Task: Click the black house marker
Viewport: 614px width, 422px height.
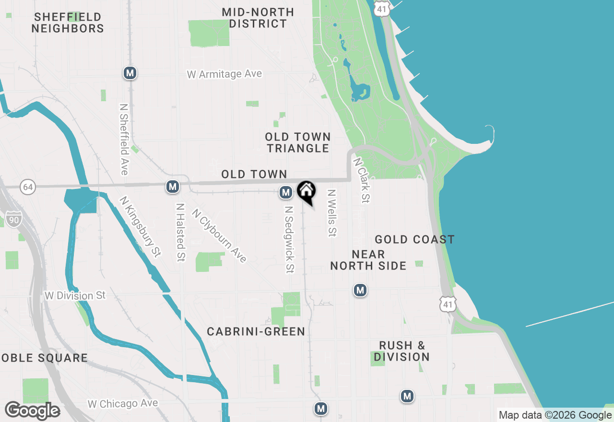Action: pos(306,192)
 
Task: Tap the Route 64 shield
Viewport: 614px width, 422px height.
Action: pos(28,187)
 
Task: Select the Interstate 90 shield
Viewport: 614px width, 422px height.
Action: pos(14,220)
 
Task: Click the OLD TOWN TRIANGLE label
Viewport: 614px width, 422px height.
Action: pos(298,143)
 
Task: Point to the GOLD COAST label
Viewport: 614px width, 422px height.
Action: pos(414,239)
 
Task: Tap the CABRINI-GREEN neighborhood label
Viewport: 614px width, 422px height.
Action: pos(256,331)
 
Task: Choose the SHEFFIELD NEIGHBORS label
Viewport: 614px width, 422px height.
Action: pos(68,23)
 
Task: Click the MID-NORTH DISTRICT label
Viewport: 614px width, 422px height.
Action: pos(258,18)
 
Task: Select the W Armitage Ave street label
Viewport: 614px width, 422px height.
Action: pos(224,74)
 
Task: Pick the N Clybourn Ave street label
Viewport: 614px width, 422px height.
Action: pos(219,235)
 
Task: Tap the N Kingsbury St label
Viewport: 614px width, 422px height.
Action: pos(140,226)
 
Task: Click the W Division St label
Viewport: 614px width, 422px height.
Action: pos(75,295)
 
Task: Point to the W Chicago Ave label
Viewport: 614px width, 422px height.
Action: pos(123,404)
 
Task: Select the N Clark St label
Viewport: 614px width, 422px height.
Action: pos(362,180)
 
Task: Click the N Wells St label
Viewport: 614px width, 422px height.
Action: pos(331,212)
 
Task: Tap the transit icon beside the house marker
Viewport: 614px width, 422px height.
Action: pos(286,193)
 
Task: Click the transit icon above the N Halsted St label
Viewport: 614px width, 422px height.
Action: pos(173,187)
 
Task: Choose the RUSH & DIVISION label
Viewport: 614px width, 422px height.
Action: pos(401,351)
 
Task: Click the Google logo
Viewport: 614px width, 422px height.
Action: pos(33,410)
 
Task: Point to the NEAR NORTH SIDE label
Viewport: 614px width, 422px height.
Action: pos(368,260)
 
